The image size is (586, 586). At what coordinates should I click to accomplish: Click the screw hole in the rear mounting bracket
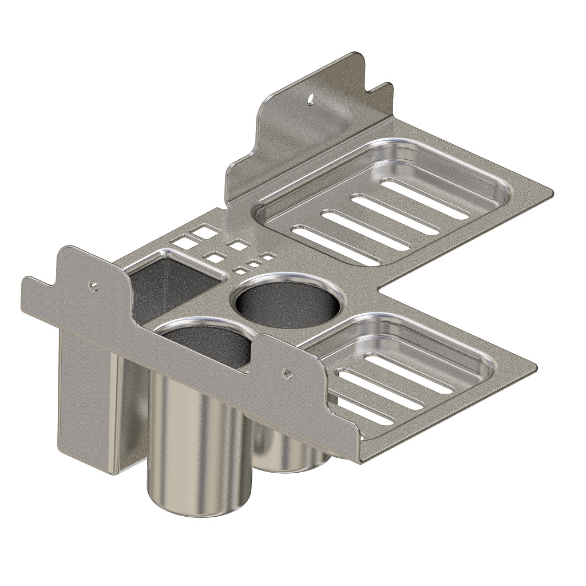point(311,99)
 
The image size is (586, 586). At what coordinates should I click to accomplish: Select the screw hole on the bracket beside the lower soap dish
point(288,375)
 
